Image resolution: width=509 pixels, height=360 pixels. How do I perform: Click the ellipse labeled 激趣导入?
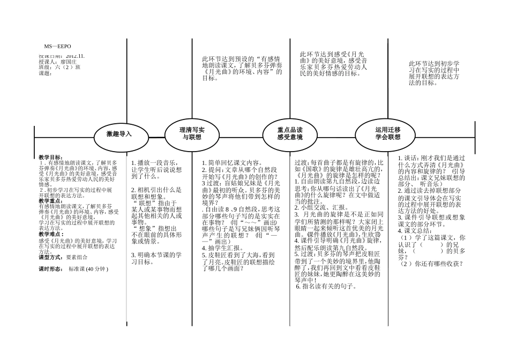pyautogui.click(x=118, y=134)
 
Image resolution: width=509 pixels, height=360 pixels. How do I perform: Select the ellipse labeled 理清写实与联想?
pyautogui.click(x=191, y=133)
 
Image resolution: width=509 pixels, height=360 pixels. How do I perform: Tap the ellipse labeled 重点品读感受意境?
pyautogui.click(x=290, y=133)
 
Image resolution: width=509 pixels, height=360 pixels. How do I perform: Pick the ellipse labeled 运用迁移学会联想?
pyautogui.click(x=387, y=133)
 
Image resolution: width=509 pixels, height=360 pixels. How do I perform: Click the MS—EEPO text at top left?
pyautogui.click(x=57, y=47)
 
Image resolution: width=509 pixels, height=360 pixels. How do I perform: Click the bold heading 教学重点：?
pyautogui.click(x=51, y=201)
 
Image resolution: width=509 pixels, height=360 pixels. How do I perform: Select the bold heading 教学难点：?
pyautogui.click(x=51, y=234)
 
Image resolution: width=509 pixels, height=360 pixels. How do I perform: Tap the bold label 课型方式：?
pyautogui.click(x=51, y=257)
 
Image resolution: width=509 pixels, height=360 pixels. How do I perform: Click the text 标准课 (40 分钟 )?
pyautogui.click(x=88, y=268)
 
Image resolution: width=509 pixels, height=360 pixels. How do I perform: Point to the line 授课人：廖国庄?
pyautogui.click(x=62, y=62)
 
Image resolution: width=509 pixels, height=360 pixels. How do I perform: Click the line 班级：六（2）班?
pyautogui.click(x=59, y=67)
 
